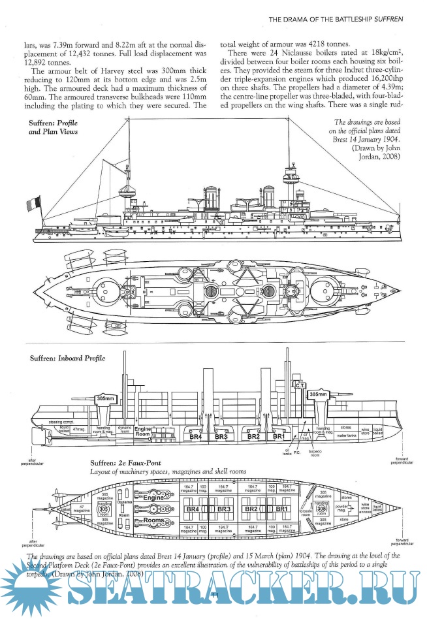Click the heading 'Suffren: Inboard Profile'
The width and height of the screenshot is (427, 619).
67,358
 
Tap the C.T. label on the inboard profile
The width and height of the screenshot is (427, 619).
300,386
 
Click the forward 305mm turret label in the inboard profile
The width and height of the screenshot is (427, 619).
318,394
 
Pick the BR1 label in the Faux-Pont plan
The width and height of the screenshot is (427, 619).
282,509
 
